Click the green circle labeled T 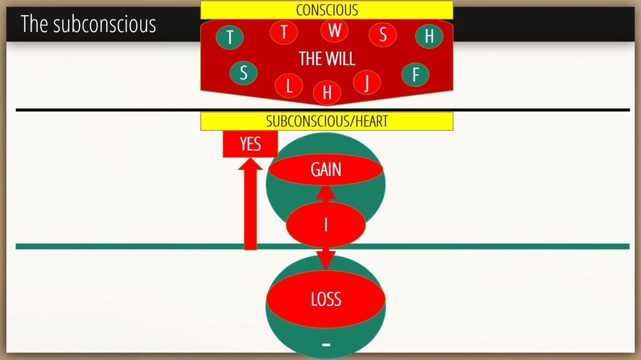coord(229,37)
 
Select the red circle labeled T coord(283,32)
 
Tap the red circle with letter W coord(334,30)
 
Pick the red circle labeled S coord(383,34)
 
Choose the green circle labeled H coord(429,36)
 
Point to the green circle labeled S coord(243,73)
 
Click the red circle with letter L coord(289,85)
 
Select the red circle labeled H coord(327,92)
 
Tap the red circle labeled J coord(367,82)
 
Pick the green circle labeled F coord(415,74)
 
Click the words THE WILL coord(327,58)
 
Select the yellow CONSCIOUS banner coord(327,10)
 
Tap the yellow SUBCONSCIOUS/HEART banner coord(327,121)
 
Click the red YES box coord(250,144)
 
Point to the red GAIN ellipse coord(326,169)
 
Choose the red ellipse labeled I coord(326,225)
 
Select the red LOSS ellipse coord(326,299)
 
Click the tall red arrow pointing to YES coord(250,204)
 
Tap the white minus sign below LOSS coord(326,345)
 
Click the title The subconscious coord(89,24)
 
